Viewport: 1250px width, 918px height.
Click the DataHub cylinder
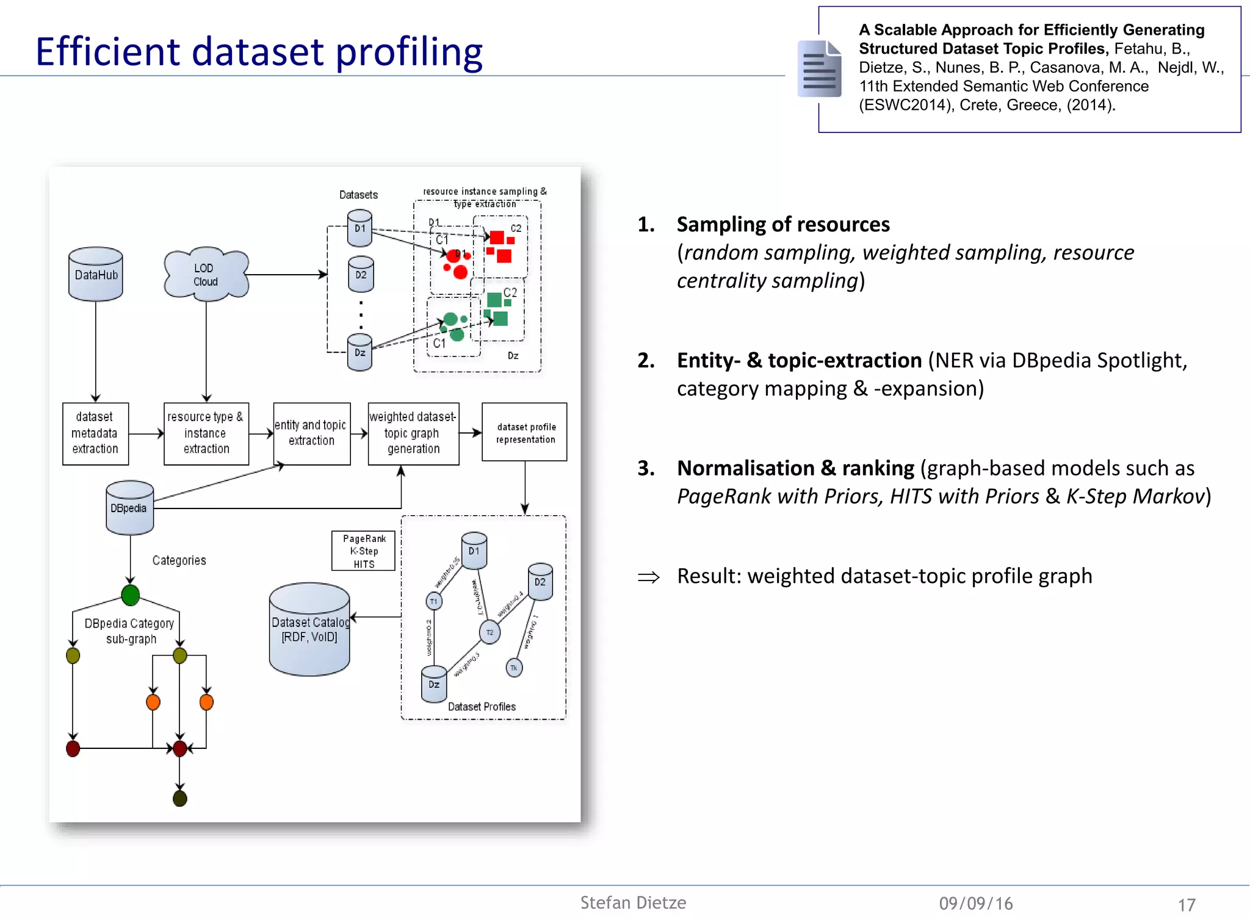(x=96, y=274)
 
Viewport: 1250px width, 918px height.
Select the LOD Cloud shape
(x=206, y=275)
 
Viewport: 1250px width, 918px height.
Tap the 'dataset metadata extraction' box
(x=95, y=433)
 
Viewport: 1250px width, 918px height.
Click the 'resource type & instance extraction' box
(x=206, y=433)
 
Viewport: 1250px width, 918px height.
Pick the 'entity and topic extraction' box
(x=311, y=433)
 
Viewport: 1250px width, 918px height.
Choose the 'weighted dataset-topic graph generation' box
(x=413, y=433)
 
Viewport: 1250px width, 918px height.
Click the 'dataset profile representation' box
(x=524, y=432)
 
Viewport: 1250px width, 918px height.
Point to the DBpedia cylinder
(x=129, y=508)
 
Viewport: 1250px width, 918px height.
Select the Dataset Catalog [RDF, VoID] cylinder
(x=309, y=629)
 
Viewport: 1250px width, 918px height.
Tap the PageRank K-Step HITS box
(x=363, y=551)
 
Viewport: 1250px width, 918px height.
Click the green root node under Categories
(x=130, y=595)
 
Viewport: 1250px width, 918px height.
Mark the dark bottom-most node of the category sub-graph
(x=179, y=798)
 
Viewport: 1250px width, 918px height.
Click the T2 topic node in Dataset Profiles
(x=490, y=632)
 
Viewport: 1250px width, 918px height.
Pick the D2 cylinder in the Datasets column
(x=361, y=275)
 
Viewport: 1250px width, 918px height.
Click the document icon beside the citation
(x=819, y=69)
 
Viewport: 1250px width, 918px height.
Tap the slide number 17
(x=1186, y=905)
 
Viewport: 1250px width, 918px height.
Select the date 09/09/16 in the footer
(x=975, y=903)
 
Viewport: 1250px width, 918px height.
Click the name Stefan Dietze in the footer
(x=633, y=903)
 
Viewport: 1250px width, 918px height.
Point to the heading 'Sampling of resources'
(x=783, y=225)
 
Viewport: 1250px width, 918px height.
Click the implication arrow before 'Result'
(x=648, y=577)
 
